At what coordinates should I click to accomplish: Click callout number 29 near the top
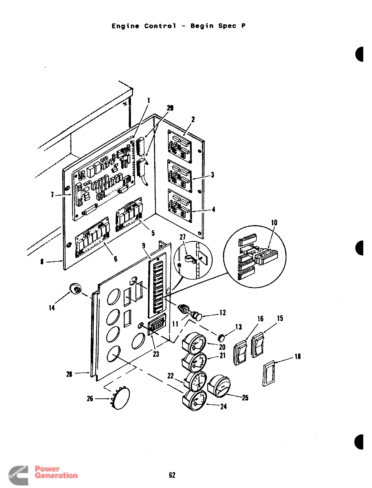click(170, 108)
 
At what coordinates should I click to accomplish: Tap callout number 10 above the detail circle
click(274, 223)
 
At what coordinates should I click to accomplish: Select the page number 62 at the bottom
click(172, 475)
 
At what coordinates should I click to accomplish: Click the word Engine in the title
click(125, 26)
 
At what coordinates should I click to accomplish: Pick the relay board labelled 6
click(92, 237)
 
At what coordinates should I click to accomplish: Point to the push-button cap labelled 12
click(198, 316)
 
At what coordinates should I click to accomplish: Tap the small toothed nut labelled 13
click(221, 338)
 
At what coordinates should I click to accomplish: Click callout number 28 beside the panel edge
click(69, 374)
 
